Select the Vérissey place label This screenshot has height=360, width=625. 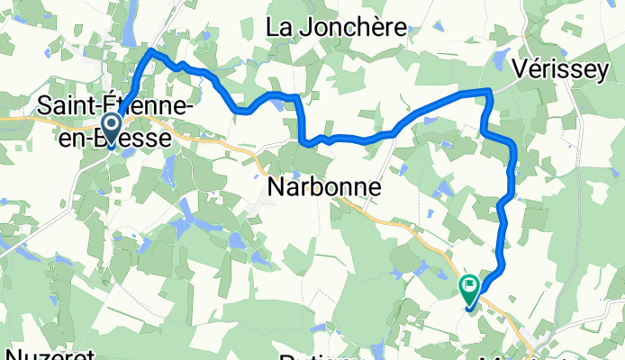point(562,70)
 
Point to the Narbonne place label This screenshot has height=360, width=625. point(325,188)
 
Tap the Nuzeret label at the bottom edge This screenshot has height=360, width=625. point(41,353)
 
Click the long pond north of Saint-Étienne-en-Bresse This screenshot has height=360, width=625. point(131,27)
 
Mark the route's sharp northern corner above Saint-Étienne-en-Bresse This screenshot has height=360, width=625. point(150,53)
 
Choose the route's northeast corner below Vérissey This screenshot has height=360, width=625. point(488,91)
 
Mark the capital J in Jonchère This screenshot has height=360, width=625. point(300,28)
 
